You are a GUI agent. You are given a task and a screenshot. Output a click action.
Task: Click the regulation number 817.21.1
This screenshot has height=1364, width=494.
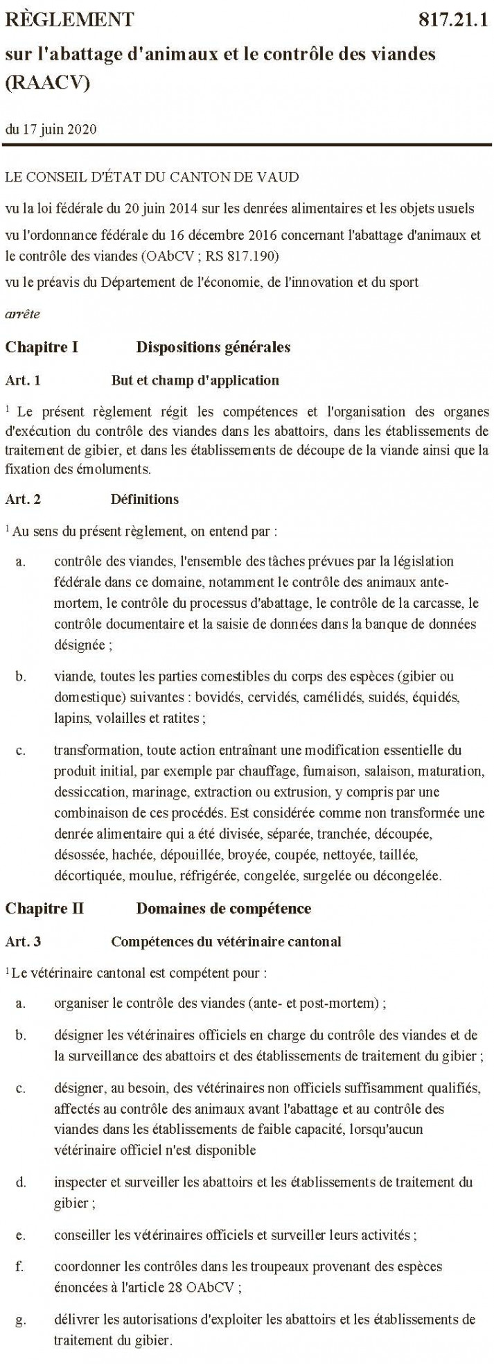point(454,20)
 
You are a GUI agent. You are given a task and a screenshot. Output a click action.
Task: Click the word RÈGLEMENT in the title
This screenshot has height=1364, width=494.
point(69,20)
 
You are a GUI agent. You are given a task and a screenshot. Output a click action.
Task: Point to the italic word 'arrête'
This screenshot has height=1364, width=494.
point(22,314)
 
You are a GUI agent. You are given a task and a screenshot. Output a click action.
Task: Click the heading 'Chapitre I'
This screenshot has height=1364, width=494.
point(41,347)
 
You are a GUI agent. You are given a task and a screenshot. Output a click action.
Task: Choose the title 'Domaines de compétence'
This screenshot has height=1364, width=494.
point(223,908)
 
